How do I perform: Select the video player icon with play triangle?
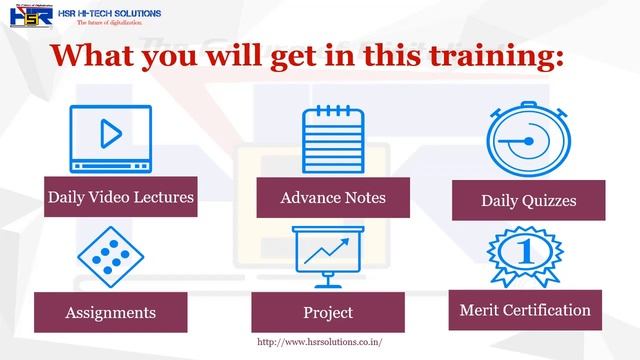(x=110, y=137)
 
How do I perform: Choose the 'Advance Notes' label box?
(x=333, y=198)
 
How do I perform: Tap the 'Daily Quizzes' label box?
(x=528, y=200)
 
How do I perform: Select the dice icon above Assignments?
(x=105, y=256)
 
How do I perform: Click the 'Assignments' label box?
(x=110, y=312)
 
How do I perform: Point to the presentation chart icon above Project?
(x=328, y=258)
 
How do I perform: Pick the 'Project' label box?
(x=328, y=312)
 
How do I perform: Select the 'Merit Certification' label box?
(x=525, y=310)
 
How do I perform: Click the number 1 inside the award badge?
(x=527, y=250)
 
